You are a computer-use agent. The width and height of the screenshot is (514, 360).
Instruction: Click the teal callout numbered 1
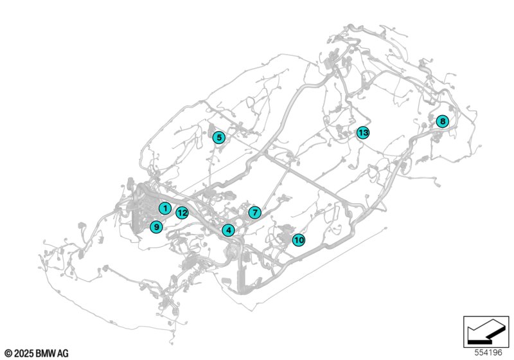coord(165,208)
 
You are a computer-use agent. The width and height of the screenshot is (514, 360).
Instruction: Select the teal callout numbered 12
coord(182,213)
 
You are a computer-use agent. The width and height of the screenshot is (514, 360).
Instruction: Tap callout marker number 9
coord(156,227)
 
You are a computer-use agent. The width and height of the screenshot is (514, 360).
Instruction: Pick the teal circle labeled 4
coord(228,230)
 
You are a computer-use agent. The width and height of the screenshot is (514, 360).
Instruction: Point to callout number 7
coord(254,212)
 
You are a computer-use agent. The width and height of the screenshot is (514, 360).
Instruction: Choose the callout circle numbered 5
coord(219,138)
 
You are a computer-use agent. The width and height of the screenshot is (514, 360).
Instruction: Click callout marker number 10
coord(299,240)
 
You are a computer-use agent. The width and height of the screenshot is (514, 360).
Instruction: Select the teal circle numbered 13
coord(363,133)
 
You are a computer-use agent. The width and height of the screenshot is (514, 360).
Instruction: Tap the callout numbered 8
coord(443,122)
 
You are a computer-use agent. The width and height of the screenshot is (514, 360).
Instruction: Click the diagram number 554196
coord(488,352)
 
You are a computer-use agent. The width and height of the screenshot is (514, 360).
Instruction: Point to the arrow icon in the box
coord(486,331)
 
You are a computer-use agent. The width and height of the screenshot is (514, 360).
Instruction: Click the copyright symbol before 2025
coord(8,354)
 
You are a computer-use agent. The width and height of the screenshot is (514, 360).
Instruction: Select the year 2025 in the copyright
coord(24,354)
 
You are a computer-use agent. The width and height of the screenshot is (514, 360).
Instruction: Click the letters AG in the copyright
coord(63,354)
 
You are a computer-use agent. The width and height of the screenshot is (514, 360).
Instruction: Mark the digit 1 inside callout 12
coord(180,213)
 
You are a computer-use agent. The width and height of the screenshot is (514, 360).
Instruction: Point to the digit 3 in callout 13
coord(365,133)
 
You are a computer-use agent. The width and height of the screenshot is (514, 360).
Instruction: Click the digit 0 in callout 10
coord(301,240)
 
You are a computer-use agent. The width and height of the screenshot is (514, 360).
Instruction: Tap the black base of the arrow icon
coord(479,341)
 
